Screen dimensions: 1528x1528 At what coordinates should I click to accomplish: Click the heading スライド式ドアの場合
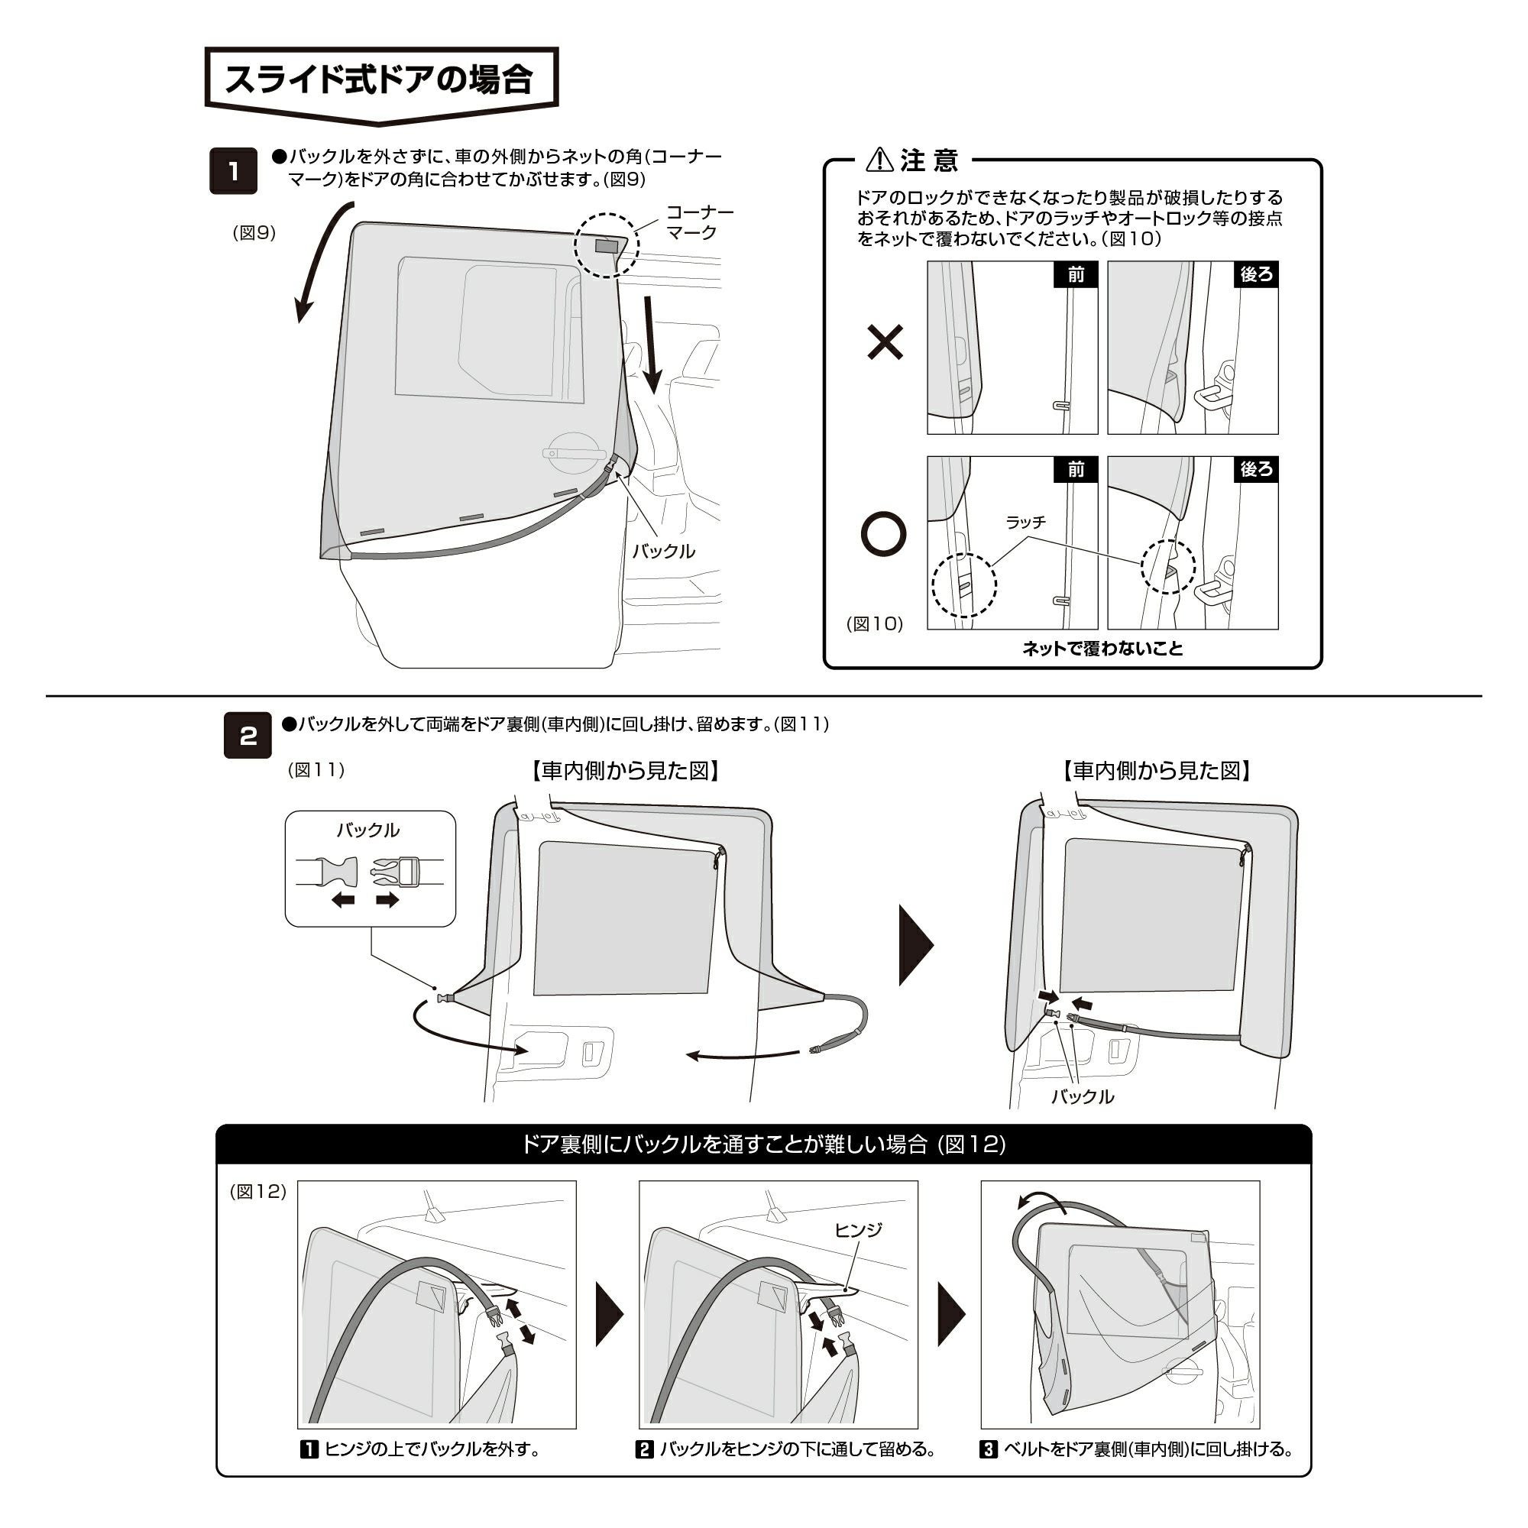[380, 80]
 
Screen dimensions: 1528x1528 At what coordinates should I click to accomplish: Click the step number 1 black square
[233, 171]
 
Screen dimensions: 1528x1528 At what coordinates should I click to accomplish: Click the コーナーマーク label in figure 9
[699, 222]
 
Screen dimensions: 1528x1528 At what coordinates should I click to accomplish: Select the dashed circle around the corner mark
[605, 245]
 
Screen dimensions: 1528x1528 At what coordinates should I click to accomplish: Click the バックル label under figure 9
[662, 552]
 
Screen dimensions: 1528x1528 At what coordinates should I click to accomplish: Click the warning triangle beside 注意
[879, 160]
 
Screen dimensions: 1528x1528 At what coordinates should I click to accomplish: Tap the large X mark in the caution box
[885, 343]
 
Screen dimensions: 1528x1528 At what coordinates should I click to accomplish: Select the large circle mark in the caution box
[883, 536]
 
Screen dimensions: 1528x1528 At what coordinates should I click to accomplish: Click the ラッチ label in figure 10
[1026, 522]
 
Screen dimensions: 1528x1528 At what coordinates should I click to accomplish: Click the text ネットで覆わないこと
[1102, 649]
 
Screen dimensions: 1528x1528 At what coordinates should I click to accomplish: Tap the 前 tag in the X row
[1076, 274]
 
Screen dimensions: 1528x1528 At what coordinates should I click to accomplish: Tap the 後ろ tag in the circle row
[1256, 470]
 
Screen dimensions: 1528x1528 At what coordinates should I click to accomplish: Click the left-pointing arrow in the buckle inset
[342, 900]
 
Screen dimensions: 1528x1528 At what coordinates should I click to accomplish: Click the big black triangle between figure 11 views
[915, 945]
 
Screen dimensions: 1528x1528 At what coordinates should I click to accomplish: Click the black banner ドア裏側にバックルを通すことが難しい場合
[763, 1144]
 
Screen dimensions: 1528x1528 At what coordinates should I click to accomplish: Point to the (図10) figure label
[875, 623]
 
